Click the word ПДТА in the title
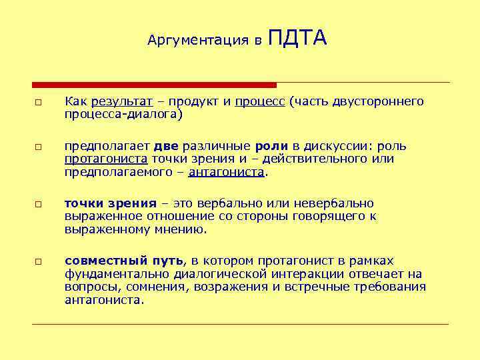(x=297, y=38)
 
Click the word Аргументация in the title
(x=199, y=41)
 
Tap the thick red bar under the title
(x=154, y=85)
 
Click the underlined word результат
(x=123, y=101)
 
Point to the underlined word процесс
(x=261, y=101)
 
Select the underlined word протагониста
(x=106, y=159)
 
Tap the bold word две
(x=165, y=147)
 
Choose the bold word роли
(x=271, y=147)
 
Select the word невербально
(x=337, y=203)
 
